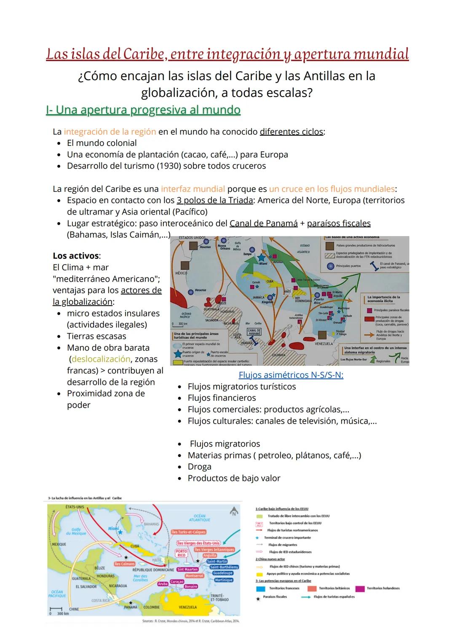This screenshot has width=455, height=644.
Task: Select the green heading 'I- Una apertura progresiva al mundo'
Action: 143,110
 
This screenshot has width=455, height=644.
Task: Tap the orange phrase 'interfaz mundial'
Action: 193,189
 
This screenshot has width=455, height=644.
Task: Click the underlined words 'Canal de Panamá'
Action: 263,223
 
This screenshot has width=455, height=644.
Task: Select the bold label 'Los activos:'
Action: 76,256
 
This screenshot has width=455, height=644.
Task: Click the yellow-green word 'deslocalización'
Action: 101,359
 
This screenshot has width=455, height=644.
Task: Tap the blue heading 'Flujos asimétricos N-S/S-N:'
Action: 291,375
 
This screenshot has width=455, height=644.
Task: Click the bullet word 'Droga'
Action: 199,467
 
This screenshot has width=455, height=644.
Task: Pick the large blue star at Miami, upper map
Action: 261,257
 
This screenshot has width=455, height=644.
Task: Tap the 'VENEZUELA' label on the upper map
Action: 324,343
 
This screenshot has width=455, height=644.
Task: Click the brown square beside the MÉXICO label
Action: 184,265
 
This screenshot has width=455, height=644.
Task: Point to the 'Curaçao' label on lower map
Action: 177,582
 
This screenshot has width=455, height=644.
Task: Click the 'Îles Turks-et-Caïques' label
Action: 189,532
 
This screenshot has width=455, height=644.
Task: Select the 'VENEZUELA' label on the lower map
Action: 188,607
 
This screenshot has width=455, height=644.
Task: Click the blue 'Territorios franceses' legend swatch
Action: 260,588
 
